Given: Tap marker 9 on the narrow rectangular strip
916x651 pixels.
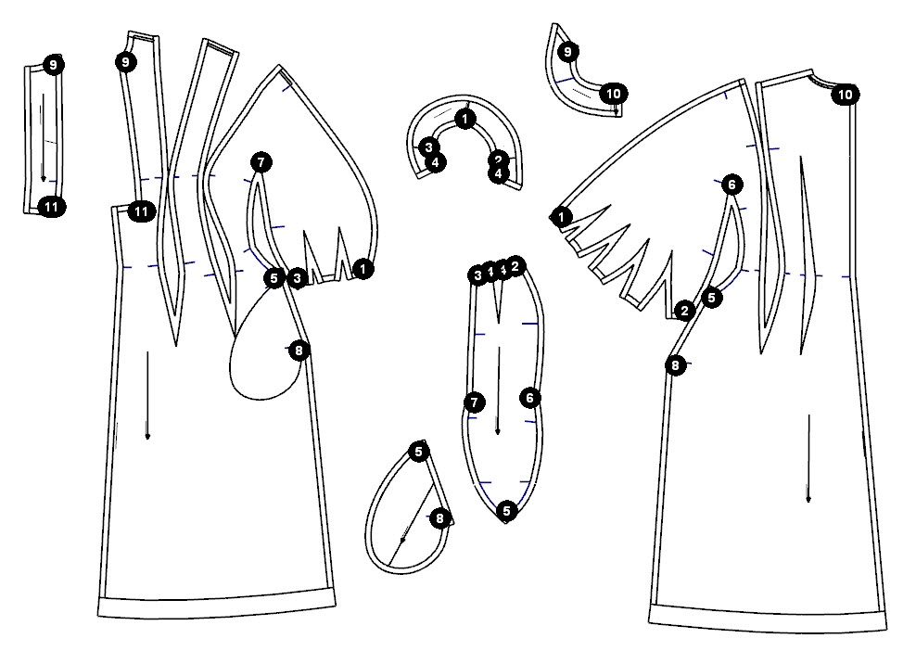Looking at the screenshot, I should [53, 65].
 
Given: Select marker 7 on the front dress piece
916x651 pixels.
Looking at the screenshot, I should [261, 163].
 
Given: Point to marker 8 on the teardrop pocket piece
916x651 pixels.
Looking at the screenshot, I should [439, 517].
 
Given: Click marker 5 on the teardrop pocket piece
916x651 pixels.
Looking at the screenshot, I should [419, 452].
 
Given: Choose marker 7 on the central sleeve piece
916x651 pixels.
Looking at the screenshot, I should [474, 402].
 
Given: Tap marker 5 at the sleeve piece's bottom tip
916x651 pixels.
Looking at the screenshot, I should [506, 509].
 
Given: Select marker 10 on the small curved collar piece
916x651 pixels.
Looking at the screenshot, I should [612, 93].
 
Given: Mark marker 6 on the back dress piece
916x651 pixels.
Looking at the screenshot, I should [732, 185].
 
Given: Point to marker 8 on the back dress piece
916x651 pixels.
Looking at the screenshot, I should [676, 365].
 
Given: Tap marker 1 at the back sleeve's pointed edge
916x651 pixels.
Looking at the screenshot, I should [562, 217].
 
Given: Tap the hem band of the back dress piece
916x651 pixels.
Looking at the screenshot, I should [766, 614].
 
